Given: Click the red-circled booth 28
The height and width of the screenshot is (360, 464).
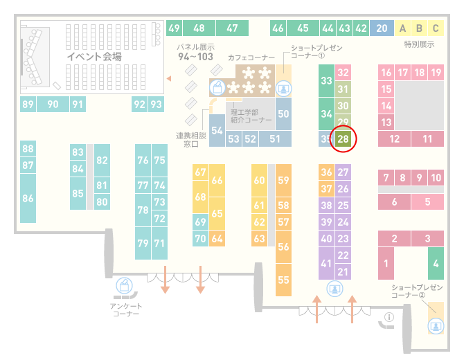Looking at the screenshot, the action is click(343, 138).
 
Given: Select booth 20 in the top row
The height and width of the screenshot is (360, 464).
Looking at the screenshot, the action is click(382, 28).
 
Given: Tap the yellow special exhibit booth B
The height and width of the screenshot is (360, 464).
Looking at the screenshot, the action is click(419, 28).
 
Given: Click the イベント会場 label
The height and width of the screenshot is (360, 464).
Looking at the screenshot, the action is click(94, 56).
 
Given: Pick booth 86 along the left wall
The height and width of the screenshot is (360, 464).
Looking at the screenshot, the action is click(28, 198).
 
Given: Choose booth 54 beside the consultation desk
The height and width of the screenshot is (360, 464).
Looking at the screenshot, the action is click(217, 130).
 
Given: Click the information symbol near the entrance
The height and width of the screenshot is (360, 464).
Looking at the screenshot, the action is click(389, 317).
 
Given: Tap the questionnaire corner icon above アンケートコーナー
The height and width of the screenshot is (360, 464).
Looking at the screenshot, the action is click(124, 286).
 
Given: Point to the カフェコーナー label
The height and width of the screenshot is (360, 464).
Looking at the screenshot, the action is click(251, 57).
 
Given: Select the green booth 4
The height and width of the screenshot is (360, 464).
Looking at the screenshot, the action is click(436, 263).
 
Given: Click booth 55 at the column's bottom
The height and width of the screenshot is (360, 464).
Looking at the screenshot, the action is click(283, 280).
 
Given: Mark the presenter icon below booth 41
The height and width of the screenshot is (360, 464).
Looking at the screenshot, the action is click(334, 289).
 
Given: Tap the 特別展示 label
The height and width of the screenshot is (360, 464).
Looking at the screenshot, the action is click(419, 44).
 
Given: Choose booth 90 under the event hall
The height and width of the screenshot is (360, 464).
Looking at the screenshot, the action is click(53, 104).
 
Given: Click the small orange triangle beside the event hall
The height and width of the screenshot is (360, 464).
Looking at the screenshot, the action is click(169, 78).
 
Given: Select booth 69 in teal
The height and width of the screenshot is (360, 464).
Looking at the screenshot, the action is click(200, 222).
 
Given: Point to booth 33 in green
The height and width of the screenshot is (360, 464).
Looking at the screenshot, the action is click(326, 80).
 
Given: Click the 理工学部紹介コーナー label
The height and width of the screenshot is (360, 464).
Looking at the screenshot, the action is click(251, 116).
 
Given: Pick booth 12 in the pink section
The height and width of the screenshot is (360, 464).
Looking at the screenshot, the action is click(394, 138).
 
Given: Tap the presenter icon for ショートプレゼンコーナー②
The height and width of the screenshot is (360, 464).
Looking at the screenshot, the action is click(436, 326).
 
